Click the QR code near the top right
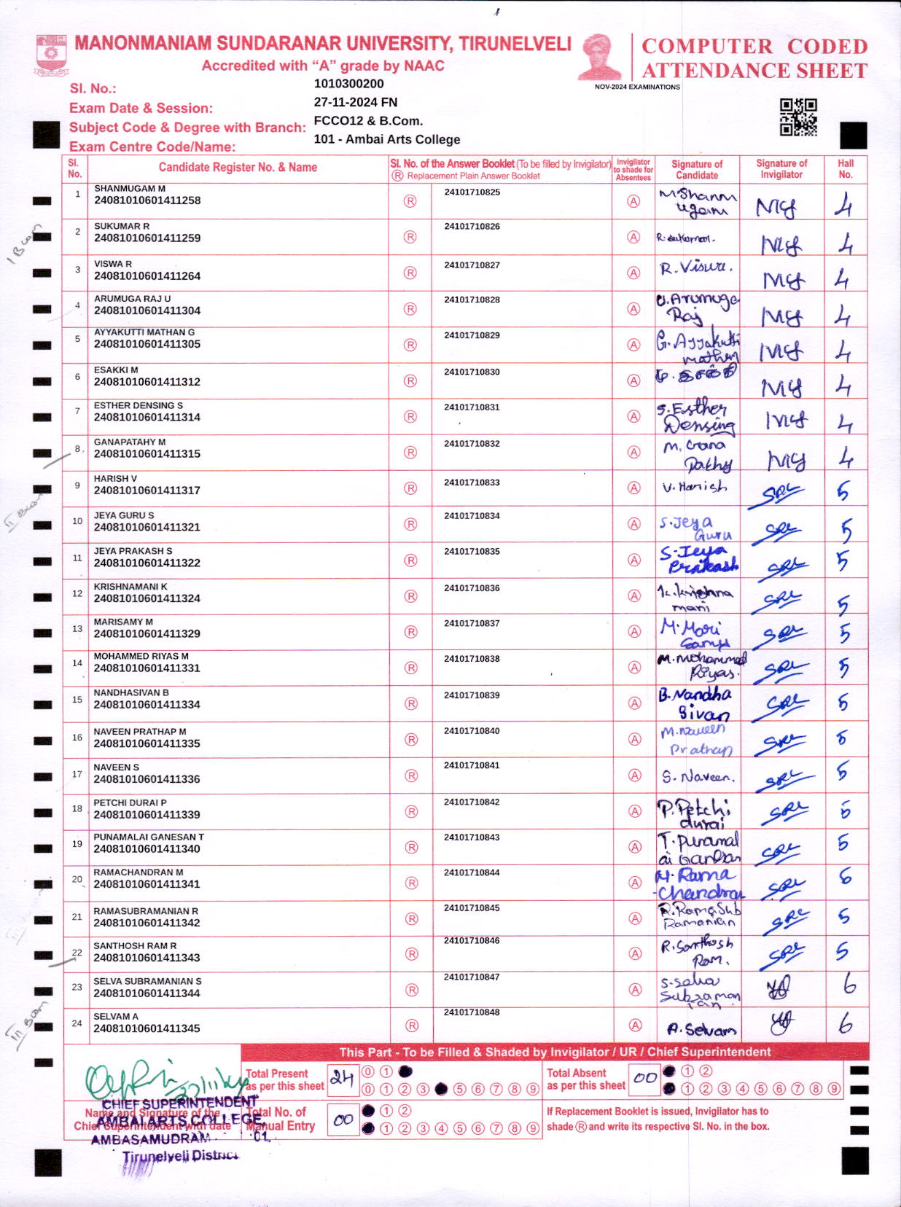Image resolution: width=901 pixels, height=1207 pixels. click(x=798, y=117)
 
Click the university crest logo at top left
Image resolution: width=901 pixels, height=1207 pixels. click(x=51, y=55)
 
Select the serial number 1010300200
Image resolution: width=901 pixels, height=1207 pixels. click(x=348, y=84)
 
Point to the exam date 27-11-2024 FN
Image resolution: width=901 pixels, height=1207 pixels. click(x=356, y=102)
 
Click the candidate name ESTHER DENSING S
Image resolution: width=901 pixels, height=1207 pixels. click(x=139, y=405)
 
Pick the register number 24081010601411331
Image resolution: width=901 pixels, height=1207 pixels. click(x=147, y=668)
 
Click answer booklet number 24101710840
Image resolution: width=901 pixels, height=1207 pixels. click(x=472, y=731)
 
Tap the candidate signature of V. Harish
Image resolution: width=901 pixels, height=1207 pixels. click(x=695, y=487)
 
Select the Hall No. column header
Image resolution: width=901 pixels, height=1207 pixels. click(x=846, y=168)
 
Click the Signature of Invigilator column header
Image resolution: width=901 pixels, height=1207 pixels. click(x=781, y=168)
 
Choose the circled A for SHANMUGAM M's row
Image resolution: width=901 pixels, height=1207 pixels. click(x=633, y=201)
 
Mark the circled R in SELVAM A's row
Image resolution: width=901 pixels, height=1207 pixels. click(x=412, y=1026)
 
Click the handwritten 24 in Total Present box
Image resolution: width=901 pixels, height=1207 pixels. click(x=342, y=1077)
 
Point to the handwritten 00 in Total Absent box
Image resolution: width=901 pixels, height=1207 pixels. click(x=645, y=1077)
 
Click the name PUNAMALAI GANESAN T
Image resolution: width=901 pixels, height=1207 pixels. click(x=149, y=837)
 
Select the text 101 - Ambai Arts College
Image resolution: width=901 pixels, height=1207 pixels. click(x=387, y=139)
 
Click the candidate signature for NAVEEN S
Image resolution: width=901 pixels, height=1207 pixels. click(x=698, y=777)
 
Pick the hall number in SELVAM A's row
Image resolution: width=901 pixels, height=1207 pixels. click(x=846, y=1024)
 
